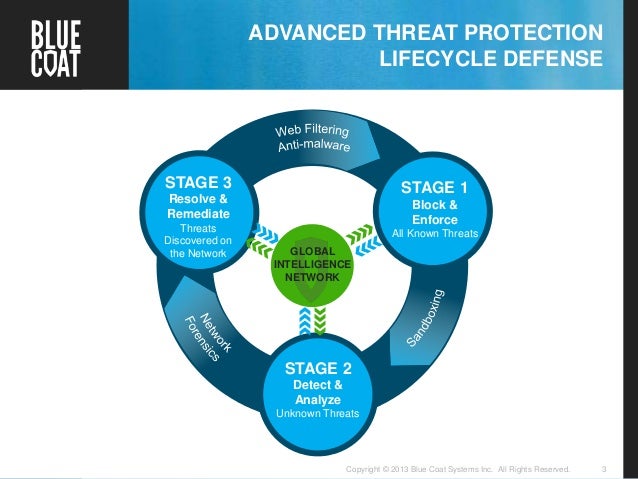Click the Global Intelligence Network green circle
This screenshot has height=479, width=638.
tap(312, 261)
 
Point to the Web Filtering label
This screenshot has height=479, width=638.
tap(312, 132)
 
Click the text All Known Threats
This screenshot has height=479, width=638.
tap(435, 234)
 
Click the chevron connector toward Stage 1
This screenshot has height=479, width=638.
tap(359, 236)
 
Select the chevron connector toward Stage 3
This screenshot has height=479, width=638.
tap(265, 237)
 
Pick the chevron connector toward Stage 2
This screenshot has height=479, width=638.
tap(312, 318)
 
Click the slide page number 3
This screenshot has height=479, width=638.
tap(604, 467)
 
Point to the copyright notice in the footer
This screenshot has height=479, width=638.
tap(457, 467)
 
